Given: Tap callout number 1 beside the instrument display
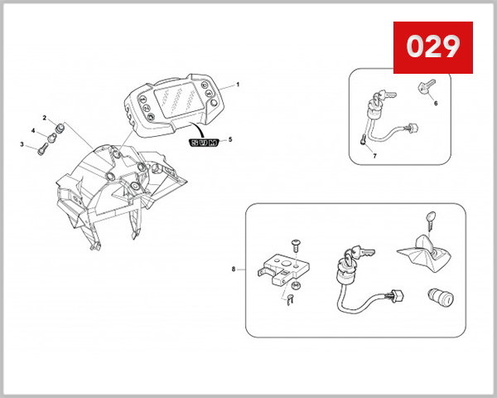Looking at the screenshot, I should pos(238,85).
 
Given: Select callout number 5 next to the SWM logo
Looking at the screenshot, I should pos(231,140).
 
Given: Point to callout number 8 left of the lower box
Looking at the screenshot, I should pos(235,269).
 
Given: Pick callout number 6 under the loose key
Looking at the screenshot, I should pos(436,103).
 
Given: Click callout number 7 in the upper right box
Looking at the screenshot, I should pos(374,155).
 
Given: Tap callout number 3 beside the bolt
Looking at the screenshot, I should pos(22,144).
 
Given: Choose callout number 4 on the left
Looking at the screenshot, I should pos(34,131).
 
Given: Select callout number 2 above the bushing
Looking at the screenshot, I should pos(46,119).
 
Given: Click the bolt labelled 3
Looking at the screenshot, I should pos(41,149).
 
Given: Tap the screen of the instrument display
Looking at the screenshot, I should pos(176,104).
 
